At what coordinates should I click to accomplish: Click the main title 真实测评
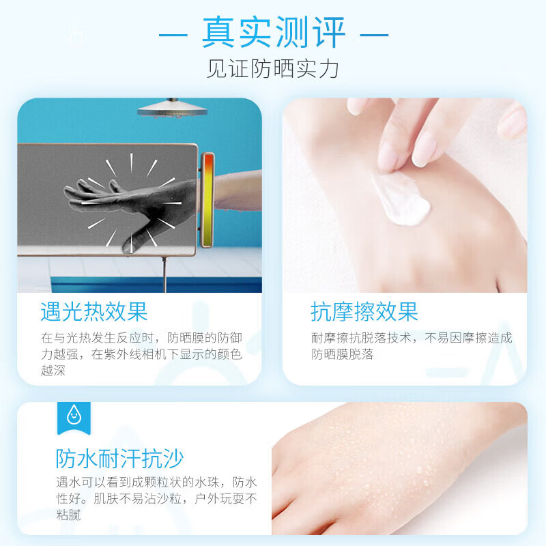274,32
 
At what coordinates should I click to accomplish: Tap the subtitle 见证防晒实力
272,69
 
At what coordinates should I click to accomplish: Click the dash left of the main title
173,35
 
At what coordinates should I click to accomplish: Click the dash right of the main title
374,35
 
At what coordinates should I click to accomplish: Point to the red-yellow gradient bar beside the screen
208,199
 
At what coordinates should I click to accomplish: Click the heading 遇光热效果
94,311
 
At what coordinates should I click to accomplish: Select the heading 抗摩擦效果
364,311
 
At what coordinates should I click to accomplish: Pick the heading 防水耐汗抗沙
119,459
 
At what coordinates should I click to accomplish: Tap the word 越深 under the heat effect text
53,371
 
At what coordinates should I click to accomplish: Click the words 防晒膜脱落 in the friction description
343,354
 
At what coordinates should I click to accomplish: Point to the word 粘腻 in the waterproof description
68,515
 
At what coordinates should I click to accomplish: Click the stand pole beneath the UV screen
164,275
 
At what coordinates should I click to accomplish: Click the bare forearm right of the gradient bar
238,191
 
